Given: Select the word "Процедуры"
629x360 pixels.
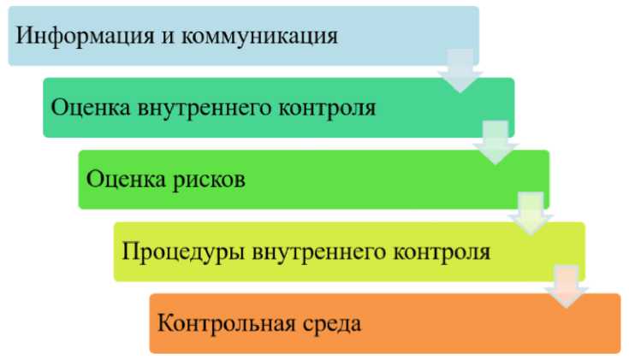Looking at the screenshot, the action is click(166, 252).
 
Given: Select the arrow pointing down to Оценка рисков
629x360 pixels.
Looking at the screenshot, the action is click(496, 142).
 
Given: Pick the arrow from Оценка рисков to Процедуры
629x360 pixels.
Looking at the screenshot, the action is click(531, 214).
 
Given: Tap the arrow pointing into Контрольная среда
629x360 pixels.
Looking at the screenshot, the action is click(567, 286).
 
